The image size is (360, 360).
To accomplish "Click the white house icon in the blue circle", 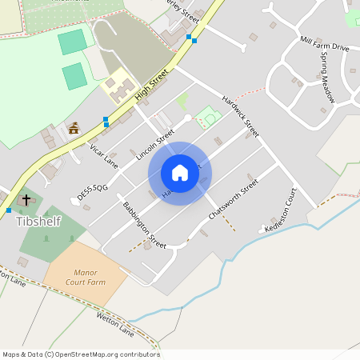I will pyautogui.click(x=180, y=173).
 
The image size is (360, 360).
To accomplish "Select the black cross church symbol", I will pyautogui.click(x=26, y=199).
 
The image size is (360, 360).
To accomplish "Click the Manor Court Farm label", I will pyautogui.click(x=85, y=277).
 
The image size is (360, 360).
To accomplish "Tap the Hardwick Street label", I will pyautogui.click(x=241, y=117).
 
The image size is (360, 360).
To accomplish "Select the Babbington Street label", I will pyautogui.click(x=144, y=225).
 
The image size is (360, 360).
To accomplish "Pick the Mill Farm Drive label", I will pyautogui.click(x=324, y=43).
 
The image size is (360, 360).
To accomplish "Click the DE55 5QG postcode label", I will pyautogui.click(x=92, y=190).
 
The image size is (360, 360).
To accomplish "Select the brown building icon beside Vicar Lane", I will pyautogui.click(x=74, y=128).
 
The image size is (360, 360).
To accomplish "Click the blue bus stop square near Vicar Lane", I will pyautogui.click(x=106, y=122).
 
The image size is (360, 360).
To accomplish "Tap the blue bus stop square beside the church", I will pyautogui.click(x=9, y=210).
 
